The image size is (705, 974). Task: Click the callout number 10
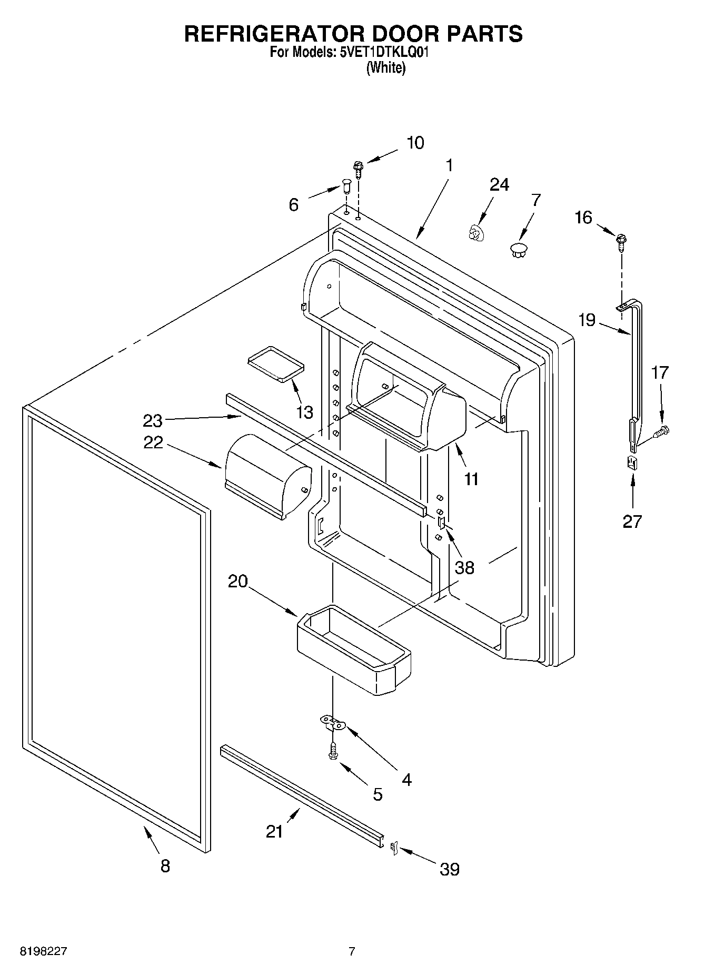tap(415, 143)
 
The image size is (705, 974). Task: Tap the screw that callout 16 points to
tap(621, 242)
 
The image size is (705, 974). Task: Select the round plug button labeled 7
tap(519, 249)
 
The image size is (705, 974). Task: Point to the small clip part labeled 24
tap(475, 233)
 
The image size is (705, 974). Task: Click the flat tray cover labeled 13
tap(276, 363)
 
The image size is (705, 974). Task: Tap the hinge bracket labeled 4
tap(332, 723)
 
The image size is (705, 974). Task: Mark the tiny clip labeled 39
tap(393, 848)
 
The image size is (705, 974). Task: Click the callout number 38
tap(464, 567)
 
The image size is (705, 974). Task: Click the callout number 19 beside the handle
tap(587, 320)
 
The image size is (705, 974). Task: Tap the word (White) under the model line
tap(385, 68)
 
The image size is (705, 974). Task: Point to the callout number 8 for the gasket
tap(165, 865)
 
